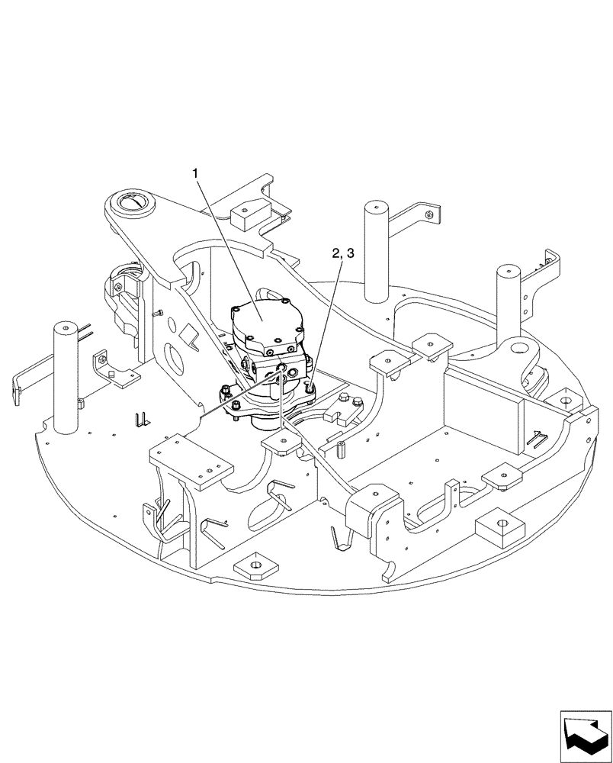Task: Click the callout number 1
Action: (197, 175)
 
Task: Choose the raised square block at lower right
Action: (500, 526)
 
